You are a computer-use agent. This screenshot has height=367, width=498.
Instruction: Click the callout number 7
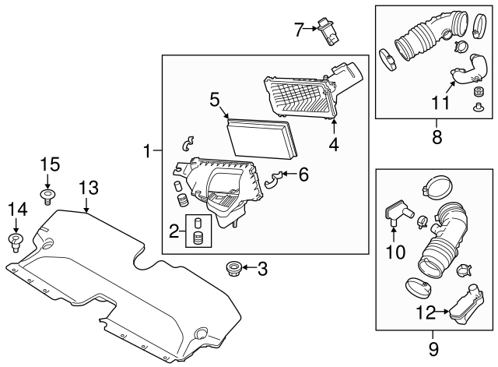click(x=298, y=30)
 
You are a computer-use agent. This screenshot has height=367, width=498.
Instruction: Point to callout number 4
click(x=334, y=144)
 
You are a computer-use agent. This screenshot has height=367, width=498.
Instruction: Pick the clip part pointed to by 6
click(x=273, y=181)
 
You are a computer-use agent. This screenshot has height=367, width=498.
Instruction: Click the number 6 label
click(x=303, y=175)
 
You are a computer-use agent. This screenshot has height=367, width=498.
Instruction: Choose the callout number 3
click(x=262, y=270)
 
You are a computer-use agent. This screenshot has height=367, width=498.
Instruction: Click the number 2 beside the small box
click(x=175, y=231)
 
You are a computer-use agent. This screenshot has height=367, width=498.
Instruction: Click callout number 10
click(x=396, y=252)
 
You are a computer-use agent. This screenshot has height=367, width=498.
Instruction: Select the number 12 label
click(x=430, y=314)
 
